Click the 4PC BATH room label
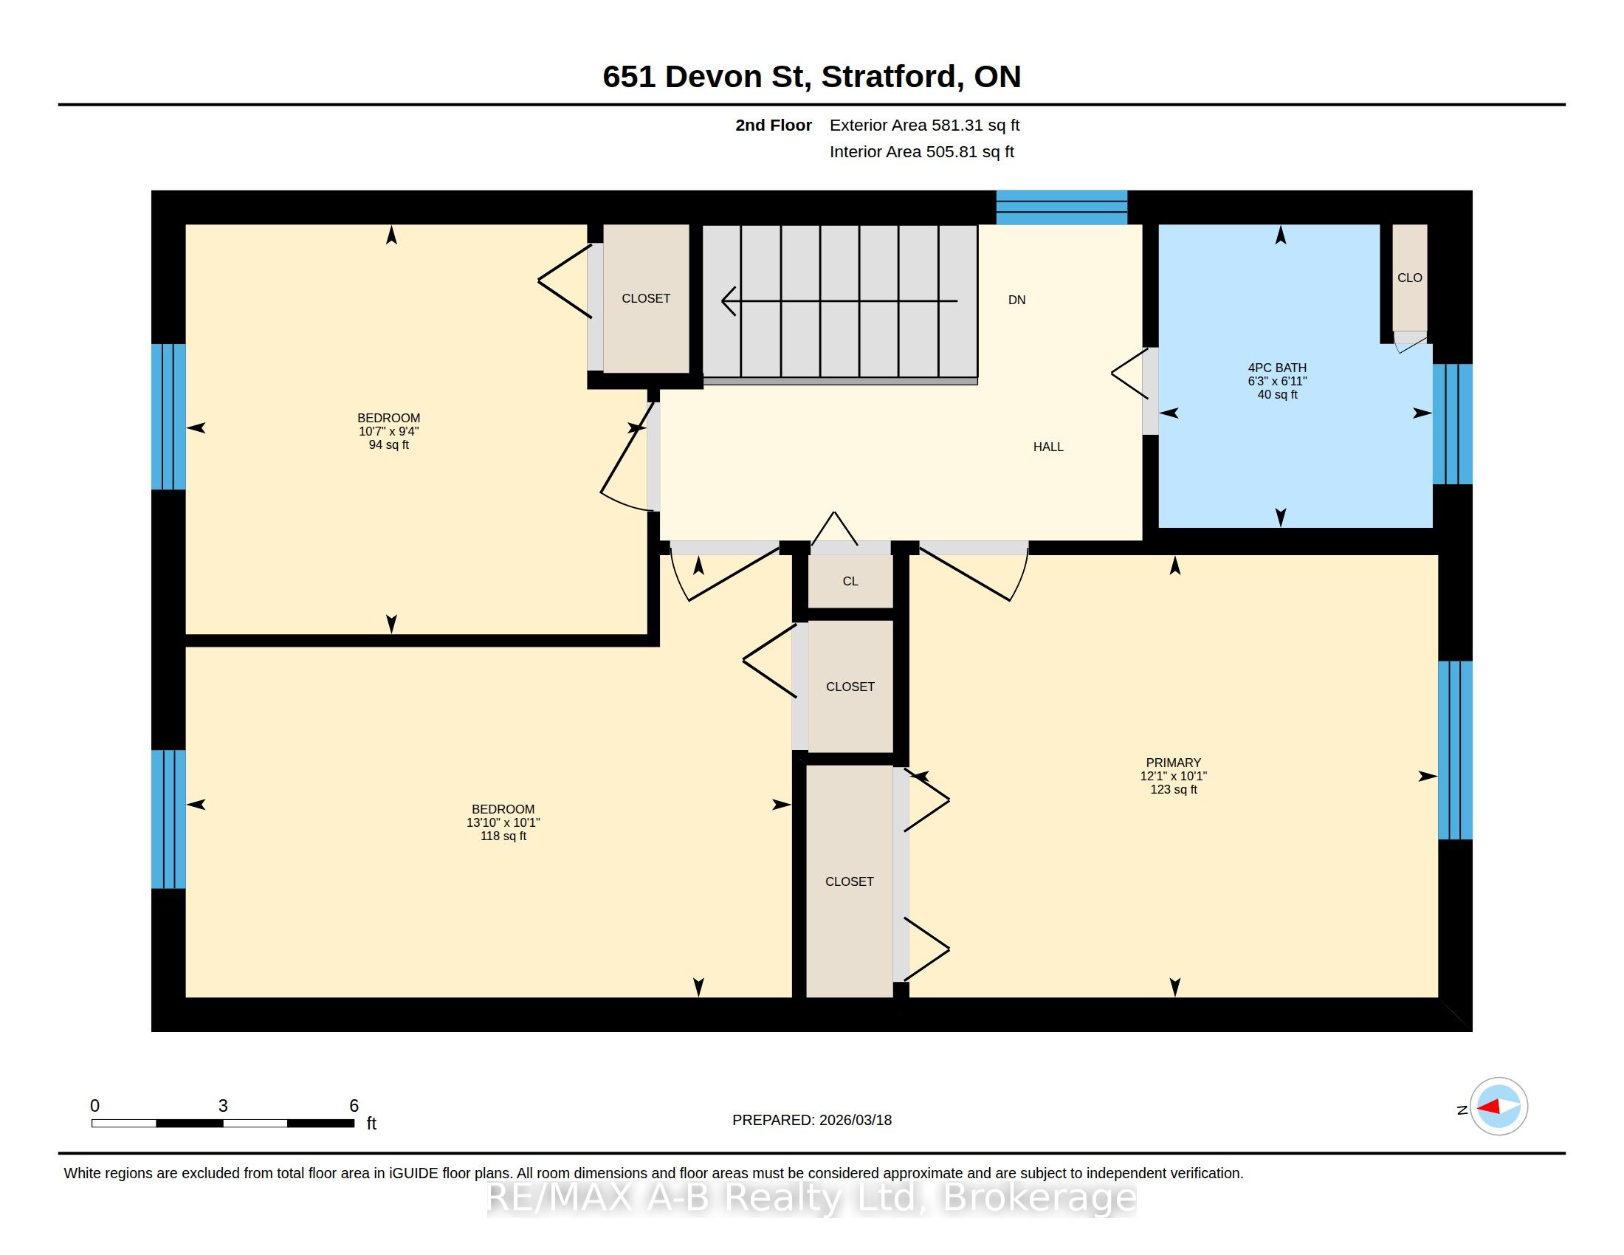(1277, 368)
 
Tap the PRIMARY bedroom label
(1174, 762)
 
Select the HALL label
(1047, 447)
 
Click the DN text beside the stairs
(1016, 300)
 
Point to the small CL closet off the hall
(850, 582)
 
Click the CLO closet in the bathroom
(1410, 278)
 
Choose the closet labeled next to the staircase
(646, 298)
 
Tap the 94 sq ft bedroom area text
(389, 444)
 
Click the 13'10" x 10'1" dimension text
(503, 822)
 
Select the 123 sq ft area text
(1174, 789)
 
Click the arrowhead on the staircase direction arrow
(728, 301)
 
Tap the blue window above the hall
(1062, 207)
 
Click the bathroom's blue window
(1452, 424)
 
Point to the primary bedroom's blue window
(1455, 750)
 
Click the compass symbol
(1499, 1106)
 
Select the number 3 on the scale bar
(222, 1106)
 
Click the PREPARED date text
(812, 1120)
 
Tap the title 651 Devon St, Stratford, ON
(812, 76)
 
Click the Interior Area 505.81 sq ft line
(921, 151)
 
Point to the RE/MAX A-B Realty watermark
(812, 1197)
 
